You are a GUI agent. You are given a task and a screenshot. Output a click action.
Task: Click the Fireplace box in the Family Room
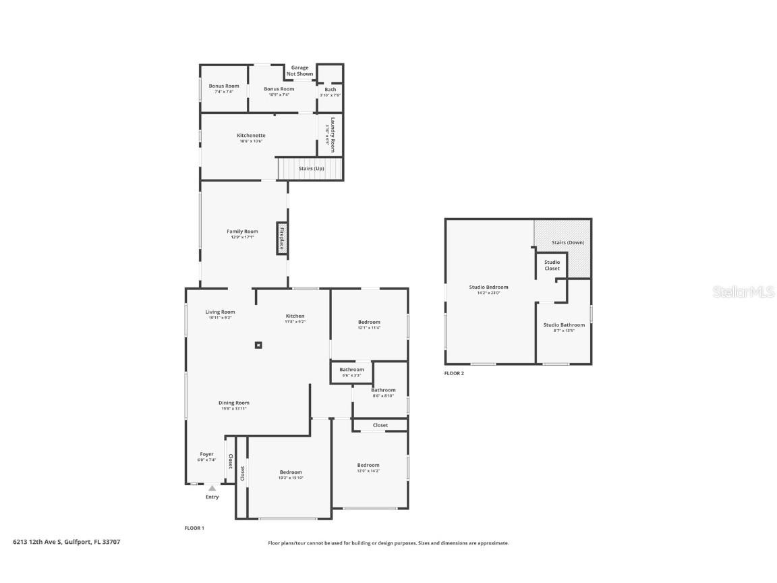(282, 238)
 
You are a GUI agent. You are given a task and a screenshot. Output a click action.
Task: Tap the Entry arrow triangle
(212, 488)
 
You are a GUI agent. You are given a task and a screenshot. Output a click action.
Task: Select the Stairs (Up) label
(312, 168)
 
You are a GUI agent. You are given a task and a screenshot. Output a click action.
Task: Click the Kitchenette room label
(251, 136)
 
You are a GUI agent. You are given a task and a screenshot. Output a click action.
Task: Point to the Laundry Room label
(331, 135)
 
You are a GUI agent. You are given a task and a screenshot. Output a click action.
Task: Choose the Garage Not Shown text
(299, 71)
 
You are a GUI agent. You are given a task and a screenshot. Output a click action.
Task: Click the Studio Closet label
(552, 265)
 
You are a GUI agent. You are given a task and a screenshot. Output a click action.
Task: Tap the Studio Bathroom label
(564, 325)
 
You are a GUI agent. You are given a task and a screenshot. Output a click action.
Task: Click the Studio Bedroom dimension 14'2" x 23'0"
(488, 293)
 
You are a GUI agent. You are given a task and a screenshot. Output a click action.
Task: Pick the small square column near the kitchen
(258, 345)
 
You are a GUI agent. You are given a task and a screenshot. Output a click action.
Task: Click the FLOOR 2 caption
(454, 373)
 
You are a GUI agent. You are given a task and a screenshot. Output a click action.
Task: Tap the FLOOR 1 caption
(194, 528)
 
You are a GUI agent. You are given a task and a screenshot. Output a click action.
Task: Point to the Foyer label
(206, 454)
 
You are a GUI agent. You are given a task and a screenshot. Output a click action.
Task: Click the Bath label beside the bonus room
(330, 89)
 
